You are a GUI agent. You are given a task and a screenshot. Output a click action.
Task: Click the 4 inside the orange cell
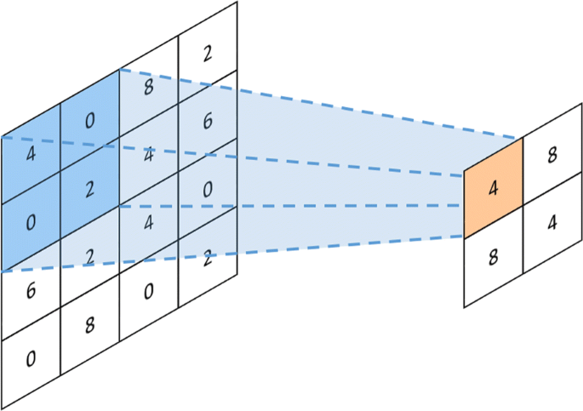click(x=493, y=189)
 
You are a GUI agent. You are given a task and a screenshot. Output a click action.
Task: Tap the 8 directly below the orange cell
click(x=493, y=258)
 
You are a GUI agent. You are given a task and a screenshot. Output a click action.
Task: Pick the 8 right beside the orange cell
click(x=552, y=156)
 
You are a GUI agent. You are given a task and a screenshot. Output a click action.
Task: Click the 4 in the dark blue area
click(x=31, y=155)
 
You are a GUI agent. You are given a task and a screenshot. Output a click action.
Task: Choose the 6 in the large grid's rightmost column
click(x=208, y=121)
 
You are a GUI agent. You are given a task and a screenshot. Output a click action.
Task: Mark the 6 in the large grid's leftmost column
click(x=31, y=289)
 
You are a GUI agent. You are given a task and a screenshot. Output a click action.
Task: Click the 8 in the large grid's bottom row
click(x=89, y=324)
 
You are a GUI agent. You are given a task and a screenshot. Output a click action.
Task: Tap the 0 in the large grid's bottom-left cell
click(x=31, y=358)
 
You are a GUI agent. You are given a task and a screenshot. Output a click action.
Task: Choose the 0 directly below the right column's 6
click(x=208, y=190)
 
